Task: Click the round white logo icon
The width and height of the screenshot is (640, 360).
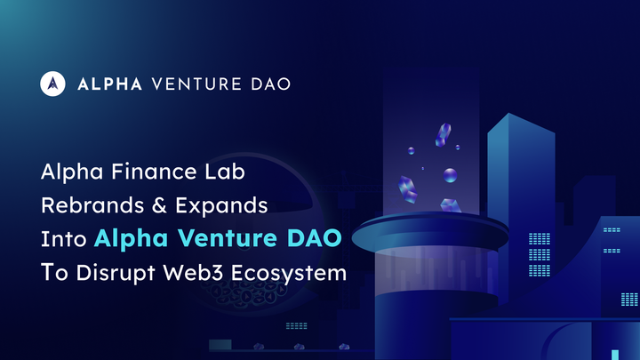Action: point(52,84)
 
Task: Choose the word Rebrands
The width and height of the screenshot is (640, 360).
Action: point(84,204)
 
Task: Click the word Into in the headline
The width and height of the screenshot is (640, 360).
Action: point(62,238)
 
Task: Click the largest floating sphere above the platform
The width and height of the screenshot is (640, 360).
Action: point(451,174)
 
